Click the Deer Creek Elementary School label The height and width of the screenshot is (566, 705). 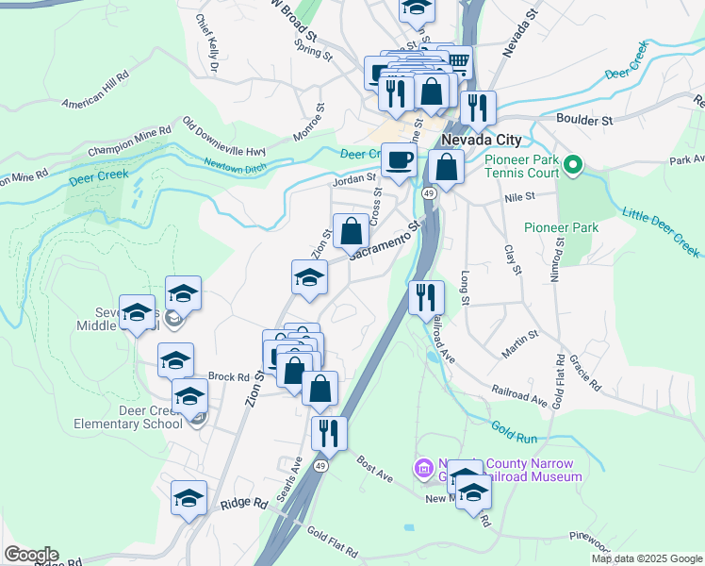pos(130,417)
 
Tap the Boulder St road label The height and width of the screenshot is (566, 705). pos(584,120)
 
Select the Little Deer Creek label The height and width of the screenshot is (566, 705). pos(661,234)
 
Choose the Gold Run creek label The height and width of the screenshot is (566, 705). pos(514,433)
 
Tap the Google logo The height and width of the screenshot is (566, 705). pos(30,555)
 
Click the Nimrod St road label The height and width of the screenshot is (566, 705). pos(557,258)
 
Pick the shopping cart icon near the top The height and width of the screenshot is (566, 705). pos(458,62)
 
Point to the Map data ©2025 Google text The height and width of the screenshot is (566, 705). pos(647,558)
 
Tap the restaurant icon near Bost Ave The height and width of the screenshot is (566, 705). pos(329,433)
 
